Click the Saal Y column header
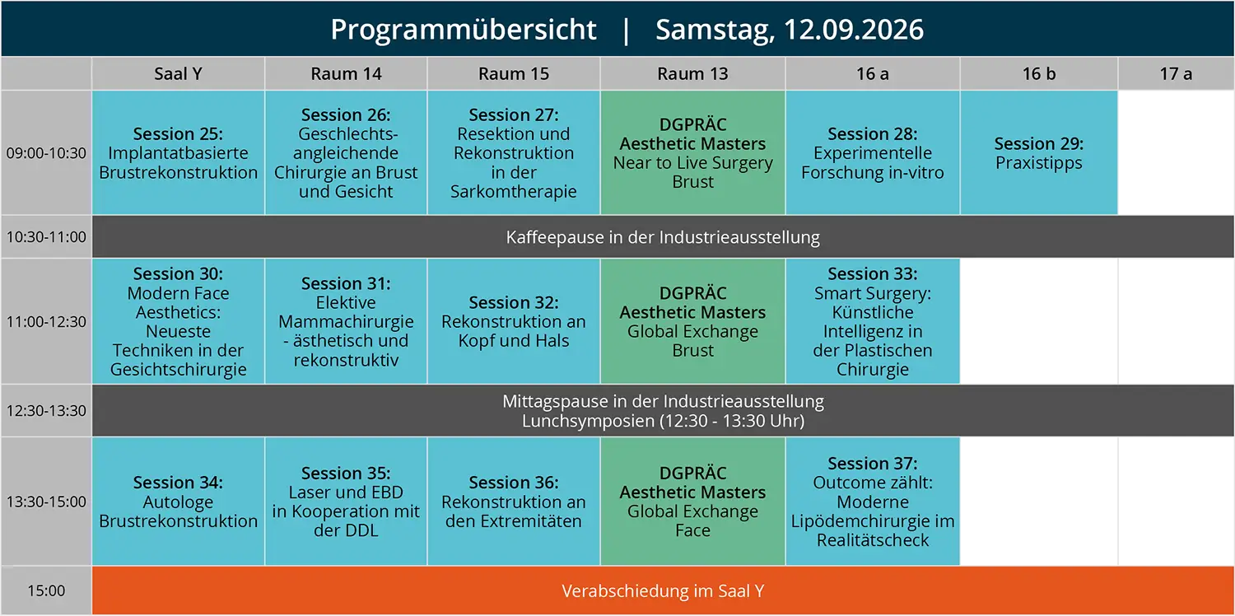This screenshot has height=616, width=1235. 178,73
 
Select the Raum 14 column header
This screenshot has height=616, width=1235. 346,73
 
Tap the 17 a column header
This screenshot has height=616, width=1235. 1176,73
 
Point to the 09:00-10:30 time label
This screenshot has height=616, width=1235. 46,152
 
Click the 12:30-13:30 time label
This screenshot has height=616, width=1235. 46,411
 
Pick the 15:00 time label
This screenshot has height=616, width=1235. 46,590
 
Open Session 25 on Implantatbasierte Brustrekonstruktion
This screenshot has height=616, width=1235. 178,152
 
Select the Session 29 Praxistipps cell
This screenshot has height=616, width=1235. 1039,152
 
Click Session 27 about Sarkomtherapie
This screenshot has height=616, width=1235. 513,152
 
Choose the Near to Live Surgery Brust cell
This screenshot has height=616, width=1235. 693,152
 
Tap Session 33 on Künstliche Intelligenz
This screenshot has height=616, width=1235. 873,321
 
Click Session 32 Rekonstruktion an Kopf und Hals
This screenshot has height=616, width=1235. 513,321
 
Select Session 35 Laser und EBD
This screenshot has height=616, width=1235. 346,502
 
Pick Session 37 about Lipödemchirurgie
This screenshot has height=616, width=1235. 873,502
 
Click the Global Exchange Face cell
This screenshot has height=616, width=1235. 693,502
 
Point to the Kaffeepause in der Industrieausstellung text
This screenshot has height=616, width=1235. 663,237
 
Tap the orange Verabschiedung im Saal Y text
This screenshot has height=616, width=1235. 663,590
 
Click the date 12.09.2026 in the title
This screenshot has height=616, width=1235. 853,29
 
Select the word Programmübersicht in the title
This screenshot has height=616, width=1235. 463,30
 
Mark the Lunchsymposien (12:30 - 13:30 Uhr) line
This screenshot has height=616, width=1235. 663,421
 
